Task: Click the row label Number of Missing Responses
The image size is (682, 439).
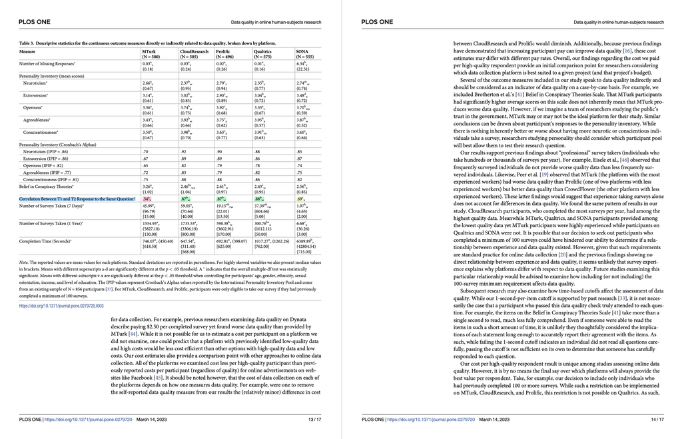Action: (x=47, y=63)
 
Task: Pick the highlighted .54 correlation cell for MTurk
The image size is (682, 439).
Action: (x=147, y=199)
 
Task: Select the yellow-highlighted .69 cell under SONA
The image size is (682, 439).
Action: (x=300, y=199)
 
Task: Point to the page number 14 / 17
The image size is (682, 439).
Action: (x=657, y=420)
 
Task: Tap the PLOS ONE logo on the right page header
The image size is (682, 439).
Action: (x=378, y=22)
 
